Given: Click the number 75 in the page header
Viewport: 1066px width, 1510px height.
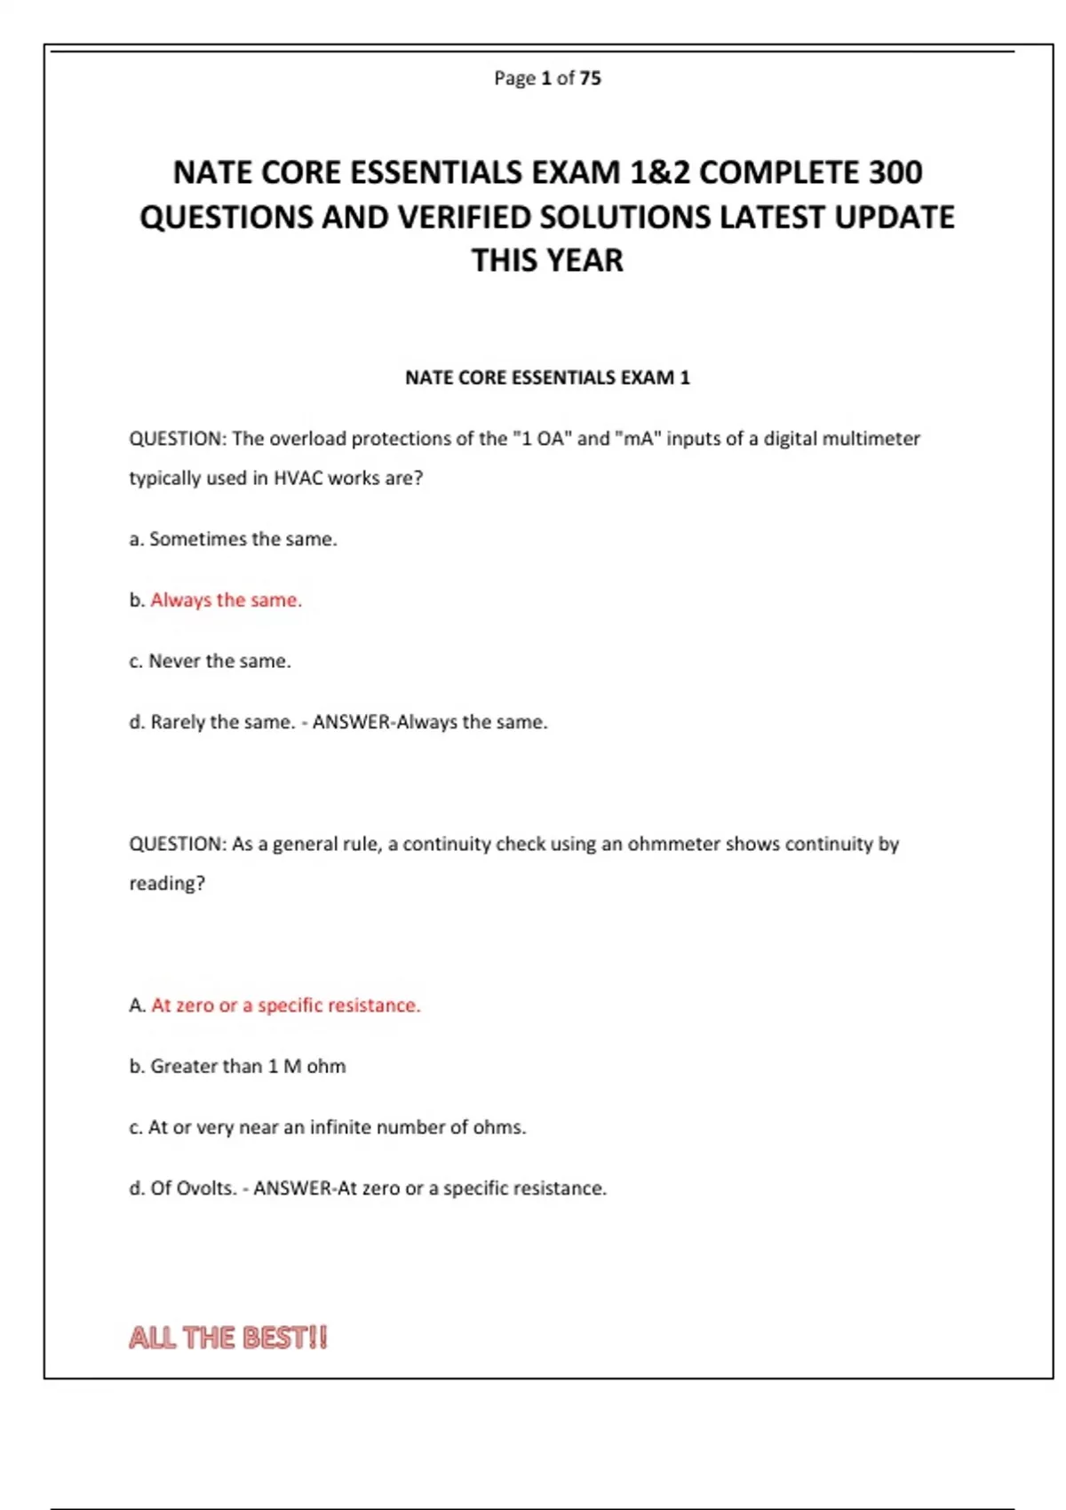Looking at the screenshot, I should [590, 78].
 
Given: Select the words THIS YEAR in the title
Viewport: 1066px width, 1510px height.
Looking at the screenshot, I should [547, 260].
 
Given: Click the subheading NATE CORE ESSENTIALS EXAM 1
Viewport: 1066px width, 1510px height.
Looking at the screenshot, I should [547, 377].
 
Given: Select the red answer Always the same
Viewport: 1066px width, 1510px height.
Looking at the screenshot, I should [226, 600].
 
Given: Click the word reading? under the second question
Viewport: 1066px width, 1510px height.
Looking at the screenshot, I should [167, 884].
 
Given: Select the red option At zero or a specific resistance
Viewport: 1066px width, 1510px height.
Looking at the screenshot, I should [285, 1005].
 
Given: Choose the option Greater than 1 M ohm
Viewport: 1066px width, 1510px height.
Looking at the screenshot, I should [247, 1066].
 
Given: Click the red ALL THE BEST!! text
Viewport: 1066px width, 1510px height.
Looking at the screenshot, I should [228, 1338].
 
